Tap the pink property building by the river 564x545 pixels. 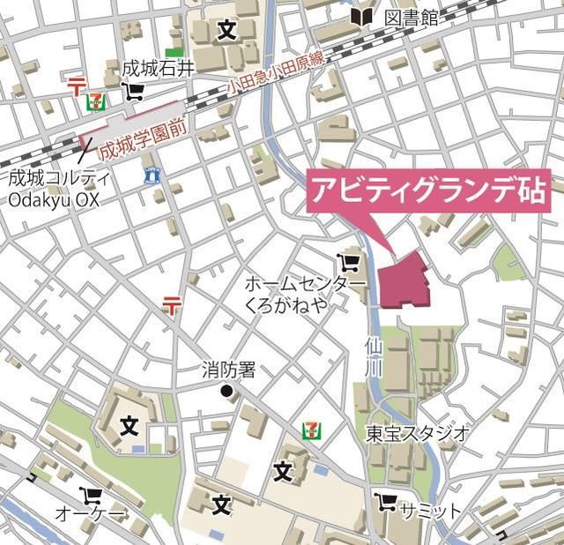(404, 281)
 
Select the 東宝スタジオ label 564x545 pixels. (419, 433)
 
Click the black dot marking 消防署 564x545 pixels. (226, 391)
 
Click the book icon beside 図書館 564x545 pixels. (360, 16)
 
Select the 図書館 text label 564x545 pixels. (411, 16)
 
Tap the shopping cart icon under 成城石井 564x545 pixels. (134, 90)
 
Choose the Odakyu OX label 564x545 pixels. (54, 200)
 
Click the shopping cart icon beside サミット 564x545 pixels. (384, 502)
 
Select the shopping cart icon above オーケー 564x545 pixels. (90, 495)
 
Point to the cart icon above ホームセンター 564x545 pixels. (347, 262)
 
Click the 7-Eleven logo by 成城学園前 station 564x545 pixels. (93, 102)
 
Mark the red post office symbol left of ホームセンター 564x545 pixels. (171, 306)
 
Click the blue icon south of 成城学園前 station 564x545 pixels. (152, 175)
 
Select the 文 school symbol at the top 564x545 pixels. (226, 31)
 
